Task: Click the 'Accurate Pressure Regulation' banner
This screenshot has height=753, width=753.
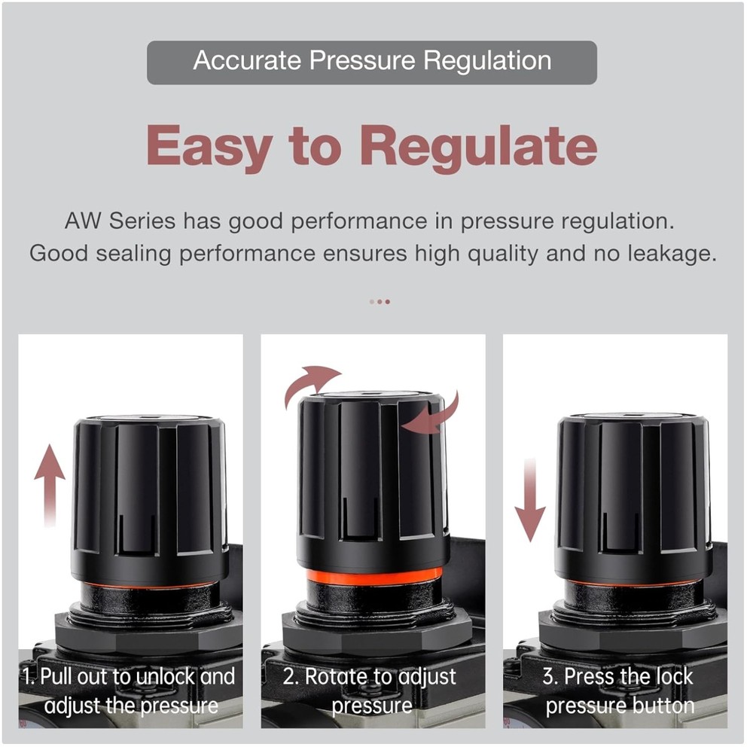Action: (x=371, y=61)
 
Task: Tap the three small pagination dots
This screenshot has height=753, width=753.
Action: (x=380, y=301)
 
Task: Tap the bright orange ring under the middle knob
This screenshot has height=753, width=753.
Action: (x=373, y=577)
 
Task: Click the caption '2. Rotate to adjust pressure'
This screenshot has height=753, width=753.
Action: (x=370, y=691)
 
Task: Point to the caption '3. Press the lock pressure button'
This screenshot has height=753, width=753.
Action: (x=619, y=691)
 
